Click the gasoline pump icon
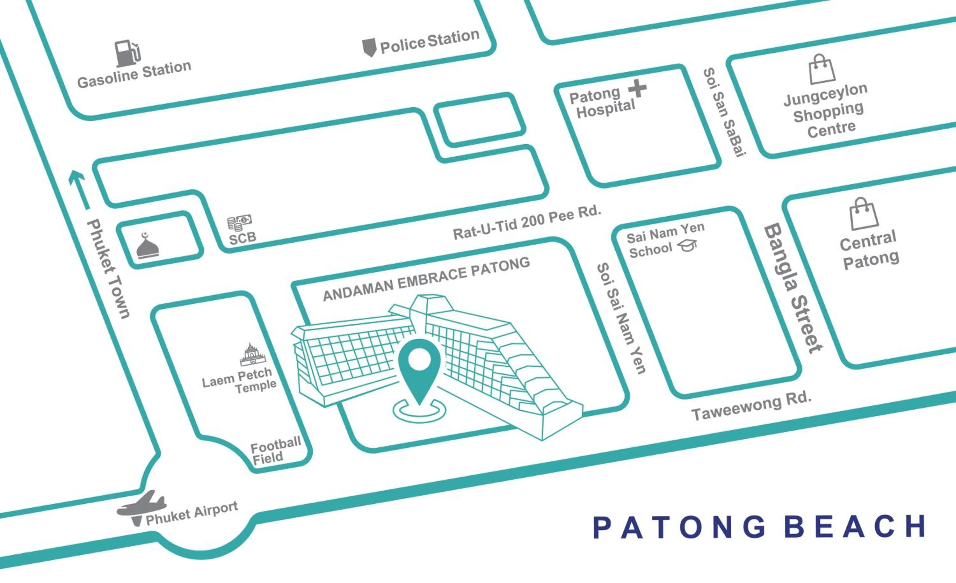point(127,53)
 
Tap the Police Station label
point(430,42)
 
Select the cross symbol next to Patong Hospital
point(637,89)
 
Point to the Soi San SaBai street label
point(725,112)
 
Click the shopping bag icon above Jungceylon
point(822,69)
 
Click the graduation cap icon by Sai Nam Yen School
point(687,245)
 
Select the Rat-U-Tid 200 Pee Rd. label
point(527,222)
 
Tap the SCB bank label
point(243,237)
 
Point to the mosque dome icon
point(148,246)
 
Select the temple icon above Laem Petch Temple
point(253,354)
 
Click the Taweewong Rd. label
point(751,406)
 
